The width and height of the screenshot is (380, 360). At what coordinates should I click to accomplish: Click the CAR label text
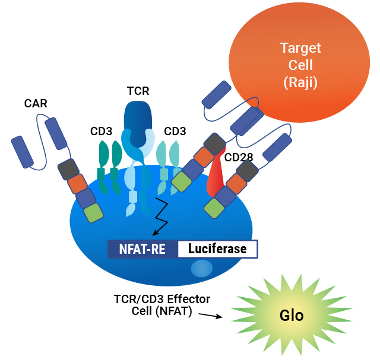36,104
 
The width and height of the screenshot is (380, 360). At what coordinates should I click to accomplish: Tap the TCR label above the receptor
138,91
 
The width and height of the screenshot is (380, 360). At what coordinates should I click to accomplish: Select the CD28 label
238,157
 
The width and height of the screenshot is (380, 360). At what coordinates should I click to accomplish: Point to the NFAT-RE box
142,249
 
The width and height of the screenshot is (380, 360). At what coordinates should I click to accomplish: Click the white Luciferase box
217,249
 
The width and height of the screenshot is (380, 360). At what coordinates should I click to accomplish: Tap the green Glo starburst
291,315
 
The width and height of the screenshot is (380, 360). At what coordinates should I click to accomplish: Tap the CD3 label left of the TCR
102,131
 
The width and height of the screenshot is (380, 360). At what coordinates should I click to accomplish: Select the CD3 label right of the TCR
175,131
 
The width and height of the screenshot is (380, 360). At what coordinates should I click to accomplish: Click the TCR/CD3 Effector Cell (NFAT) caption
161,305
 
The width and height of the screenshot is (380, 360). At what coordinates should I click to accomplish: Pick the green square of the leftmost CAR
93,213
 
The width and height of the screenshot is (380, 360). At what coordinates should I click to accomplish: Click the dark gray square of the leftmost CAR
69,170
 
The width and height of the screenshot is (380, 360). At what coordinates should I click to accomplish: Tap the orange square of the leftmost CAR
77,184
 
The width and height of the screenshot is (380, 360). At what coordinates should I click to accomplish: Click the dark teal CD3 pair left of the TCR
109,166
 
